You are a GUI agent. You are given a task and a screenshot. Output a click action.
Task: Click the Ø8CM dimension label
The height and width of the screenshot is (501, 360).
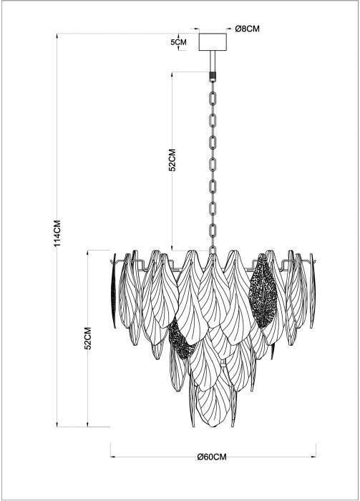pos(247,29)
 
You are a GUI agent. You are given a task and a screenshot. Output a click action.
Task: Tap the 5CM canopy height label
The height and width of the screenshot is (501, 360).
pos(178,42)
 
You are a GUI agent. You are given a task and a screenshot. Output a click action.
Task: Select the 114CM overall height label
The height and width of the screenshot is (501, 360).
pos(57,233)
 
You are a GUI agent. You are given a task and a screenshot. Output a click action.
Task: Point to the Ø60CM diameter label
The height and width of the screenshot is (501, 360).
pos(212,457)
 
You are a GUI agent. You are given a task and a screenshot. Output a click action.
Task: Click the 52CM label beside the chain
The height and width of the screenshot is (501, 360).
pos(172,160)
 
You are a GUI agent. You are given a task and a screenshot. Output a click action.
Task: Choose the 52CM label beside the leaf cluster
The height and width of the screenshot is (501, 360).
pos(88,338)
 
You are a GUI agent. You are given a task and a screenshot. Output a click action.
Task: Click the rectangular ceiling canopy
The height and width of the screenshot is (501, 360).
pos(213,42)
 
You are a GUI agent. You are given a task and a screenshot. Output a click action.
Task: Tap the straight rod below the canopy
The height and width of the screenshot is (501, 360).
pos(213,62)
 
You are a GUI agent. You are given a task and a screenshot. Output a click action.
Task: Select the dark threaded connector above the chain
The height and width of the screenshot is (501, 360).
pos(213,76)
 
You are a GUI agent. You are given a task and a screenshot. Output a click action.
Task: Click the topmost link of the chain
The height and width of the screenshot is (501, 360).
pos(213,98)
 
